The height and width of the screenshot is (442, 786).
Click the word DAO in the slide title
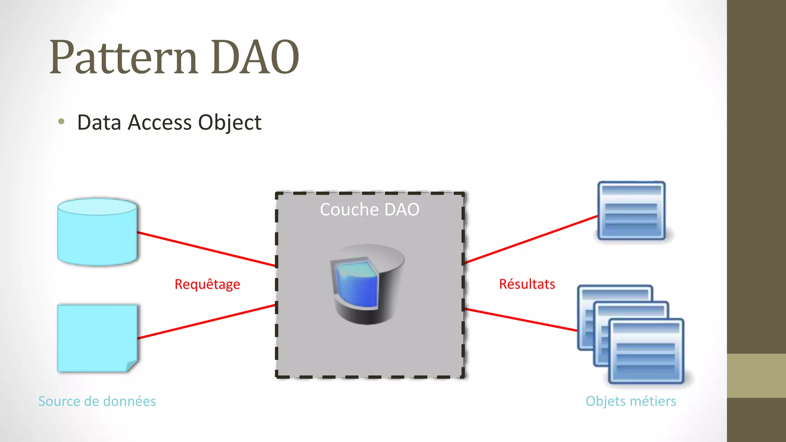pyautogui.click(x=255, y=58)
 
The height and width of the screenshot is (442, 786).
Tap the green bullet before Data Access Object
pyautogui.click(x=61, y=122)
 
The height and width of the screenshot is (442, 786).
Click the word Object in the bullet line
pyautogui.click(x=230, y=123)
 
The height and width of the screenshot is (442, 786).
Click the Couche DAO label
pyautogui.click(x=370, y=209)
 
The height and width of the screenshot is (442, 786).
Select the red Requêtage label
pyautogui.click(x=207, y=284)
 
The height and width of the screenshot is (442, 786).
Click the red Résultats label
pyautogui.click(x=527, y=284)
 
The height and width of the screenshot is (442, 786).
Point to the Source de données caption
pyautogui.click(x=97, y=401)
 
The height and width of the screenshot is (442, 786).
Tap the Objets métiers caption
pyautogui.click(x=631, y=401)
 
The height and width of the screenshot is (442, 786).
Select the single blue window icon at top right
pyautogui.click(x=631, y=210)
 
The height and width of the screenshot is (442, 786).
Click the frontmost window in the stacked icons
pyautogui.click(x=646, y=351)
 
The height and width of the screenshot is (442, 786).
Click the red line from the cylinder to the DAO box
pyautogui.click(x=206, y=249)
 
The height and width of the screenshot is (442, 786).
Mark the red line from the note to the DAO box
pyautogui.click(x=206, y=321)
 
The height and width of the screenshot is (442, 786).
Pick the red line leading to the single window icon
pyautogui.click(x=531, y=239)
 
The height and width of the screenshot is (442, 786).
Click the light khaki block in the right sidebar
pyautogui.click(x=756, y=375)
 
